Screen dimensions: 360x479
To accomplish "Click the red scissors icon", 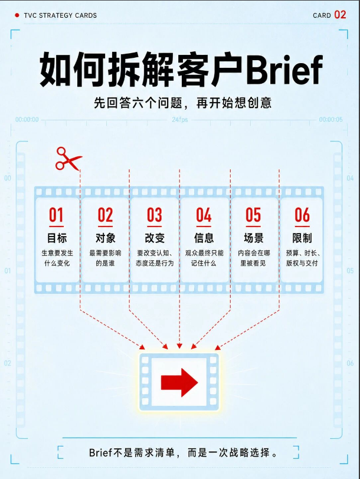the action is pyautogui.click(x=68, y=159).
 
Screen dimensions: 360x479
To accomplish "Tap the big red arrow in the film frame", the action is pyautogui.click(x=179, y=382).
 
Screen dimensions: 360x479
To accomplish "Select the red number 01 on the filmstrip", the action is pyautogui.click(x=56, y=215).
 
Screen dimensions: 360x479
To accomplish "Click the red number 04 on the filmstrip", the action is pyautogui.click(x=204, y=215).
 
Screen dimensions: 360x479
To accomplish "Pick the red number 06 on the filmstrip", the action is pyautogui.click(x=302, y=215).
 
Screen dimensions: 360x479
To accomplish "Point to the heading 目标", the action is pyautogui.click(x=57, y=238).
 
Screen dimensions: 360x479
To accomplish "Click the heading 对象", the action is pyautogui.click(x=106, y=238).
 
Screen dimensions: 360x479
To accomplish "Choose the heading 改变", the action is pyautogui.click(x=155, y=238).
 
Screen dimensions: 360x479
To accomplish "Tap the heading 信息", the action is pyautogui.click(x=204, y=238).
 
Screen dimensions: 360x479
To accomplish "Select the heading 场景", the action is pyautogui.click(x=253, y=238).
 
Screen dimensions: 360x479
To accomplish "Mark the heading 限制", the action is pyautogui.click(x=302, y=238).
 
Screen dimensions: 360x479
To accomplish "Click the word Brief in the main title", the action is pyautogui.click(x=284, y=70).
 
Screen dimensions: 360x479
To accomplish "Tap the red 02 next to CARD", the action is pyautogui.click(x=340, y=15).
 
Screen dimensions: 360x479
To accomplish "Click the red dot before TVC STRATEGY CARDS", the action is pyautogui.click(x=17, y=15).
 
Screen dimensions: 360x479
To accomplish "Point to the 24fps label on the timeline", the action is pyautogui.click(x=179, y=119).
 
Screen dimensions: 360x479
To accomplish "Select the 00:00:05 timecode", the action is pyautogui.click(x=330, y=119).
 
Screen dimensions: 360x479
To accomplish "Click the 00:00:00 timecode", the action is pyautogui.click(x=27, y=119).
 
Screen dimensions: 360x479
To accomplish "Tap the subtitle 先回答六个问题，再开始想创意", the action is pyautogui.click(x=182, y=103).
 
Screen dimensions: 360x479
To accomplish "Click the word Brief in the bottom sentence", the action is pyautogui.click(x=100, y=452).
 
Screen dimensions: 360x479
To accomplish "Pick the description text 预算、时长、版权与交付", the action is pyautogui.click(x=302, y=258).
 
